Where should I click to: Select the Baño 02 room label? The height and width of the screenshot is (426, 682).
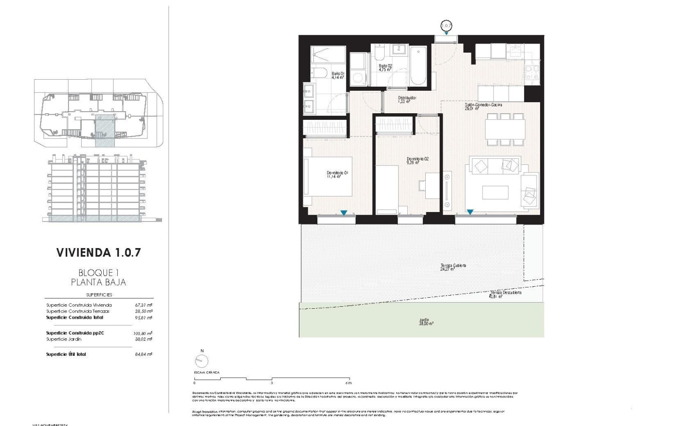pos(385,68)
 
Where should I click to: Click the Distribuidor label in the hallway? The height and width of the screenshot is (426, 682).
pos(407,99)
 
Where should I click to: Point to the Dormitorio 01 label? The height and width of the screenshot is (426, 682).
pos(337,174)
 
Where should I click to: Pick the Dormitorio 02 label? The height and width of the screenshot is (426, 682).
pos(417,160)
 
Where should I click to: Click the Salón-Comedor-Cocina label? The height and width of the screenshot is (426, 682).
pos(483,106)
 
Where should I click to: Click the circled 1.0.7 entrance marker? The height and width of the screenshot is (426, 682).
pos(446,25)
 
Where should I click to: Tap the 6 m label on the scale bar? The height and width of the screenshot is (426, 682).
pos(349,383)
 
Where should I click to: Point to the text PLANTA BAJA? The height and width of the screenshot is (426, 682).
pos(98,282)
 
